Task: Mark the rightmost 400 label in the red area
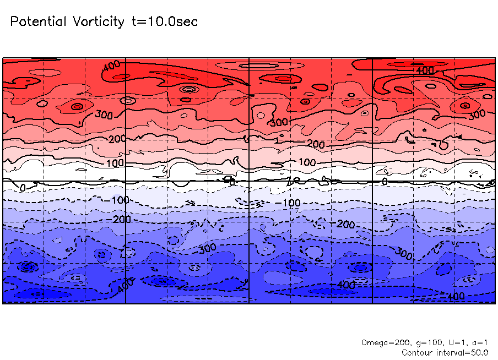[x=425, y=70]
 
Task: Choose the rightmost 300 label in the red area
[x=477, y=114]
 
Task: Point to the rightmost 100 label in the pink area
[x=307, y=163]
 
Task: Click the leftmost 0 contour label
[x=23, y=188]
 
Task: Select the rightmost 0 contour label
[x=385, y=181]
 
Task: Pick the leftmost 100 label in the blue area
[x=120, y=200]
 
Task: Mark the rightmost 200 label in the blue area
[x=345, y=225]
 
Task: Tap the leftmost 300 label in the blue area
[x=207, y=248]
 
